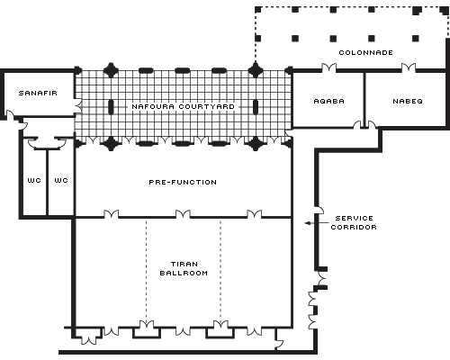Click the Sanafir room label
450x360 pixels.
pyautogui.click(x=38, y=93)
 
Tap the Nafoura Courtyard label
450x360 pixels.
pyautogui.click(x=183, y=106)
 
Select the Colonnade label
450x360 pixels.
pyautogui.click(x=365, y=52)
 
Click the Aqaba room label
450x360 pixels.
pyautogui.click(x=328, y=101)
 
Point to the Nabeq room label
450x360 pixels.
pyautogui.click(x=408, y=101)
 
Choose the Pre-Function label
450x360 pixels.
pyautogui.click(x=183, y=182)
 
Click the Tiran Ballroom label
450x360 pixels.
pyautogui.click(x=184, y=268)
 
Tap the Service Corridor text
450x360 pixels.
pyautogui.click(x=354, y=222)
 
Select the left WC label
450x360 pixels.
pyautogui.click(x=34, y=180)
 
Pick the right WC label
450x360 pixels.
pyautogui.click(x=61, y=180)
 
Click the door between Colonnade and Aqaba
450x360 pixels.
pyautogui.click(x=328, y=67)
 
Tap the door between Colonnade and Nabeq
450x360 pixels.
pyautogui.click(x=409, y=67)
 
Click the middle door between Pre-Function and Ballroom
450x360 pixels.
pyautogui.click(x=183, y=214)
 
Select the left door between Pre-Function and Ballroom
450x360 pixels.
pyautogui.click(x=111, y=214)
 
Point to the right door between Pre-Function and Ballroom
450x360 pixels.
pyautogui.click(x=254, y=214)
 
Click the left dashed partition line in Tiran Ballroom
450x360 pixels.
pyautogui.click(x=147, y=272)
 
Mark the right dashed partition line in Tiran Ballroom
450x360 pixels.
pyautogui.click(x=220, y=272)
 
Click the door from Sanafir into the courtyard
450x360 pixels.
pyautogui.click(x=77, y=106)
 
